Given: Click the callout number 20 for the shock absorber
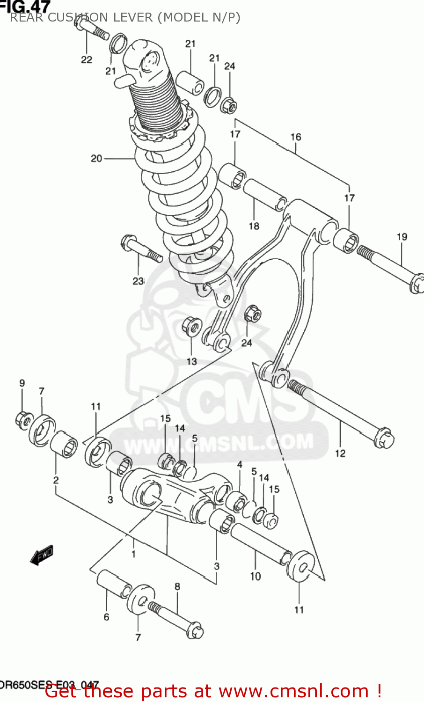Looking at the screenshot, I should [x=96, y=159].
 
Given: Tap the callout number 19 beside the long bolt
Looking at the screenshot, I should [x=402, y=237].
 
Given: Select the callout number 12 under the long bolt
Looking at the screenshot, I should [x=340, y=453].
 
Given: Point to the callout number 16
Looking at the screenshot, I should [x=296, y=137].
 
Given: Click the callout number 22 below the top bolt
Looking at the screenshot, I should [x=87, y=60].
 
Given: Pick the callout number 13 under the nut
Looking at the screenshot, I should [x=192, y=361].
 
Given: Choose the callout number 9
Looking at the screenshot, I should [x=22, y=383].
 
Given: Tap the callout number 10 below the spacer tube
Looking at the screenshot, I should [x=256, y=577].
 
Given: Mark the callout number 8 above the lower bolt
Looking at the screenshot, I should [x=177, y=586].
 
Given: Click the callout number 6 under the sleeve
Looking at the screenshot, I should [x=106, y=617].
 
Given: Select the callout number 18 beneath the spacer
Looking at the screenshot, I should [x=254, y=226].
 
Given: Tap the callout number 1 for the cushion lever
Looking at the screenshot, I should [x=133, y=554].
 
